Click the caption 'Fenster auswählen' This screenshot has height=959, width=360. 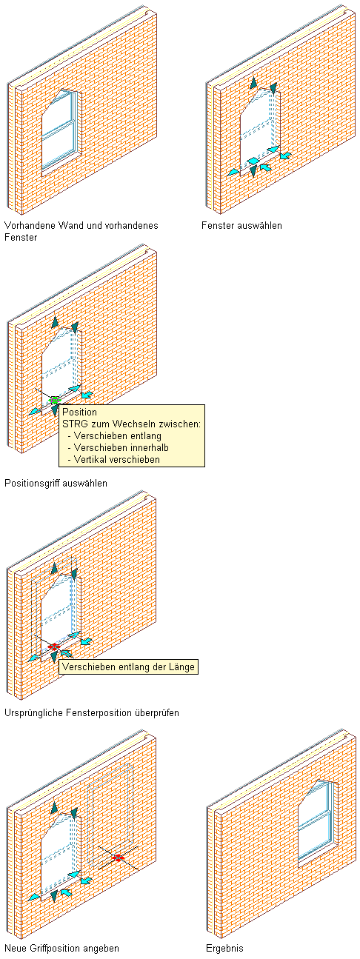click(x=241, y=225)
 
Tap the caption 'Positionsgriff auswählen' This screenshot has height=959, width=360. click(x=56, y=483)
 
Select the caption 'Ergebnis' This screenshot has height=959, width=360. click(x=224, y=948)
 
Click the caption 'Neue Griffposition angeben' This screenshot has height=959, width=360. click(x=61, y=948)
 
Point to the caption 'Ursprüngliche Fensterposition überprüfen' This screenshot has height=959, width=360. click(x=92, y=713)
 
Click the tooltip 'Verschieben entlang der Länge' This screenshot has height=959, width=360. click(x=128, y=666)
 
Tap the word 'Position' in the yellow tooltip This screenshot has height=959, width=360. click(x=79, y=412)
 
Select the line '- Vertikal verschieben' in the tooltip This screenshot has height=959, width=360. click(x=114, y=459)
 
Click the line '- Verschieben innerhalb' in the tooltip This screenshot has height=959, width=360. click(x=118, y=447)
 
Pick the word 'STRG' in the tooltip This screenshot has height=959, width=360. click(x=73, y=424)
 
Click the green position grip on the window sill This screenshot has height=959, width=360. click(x=54, y=401)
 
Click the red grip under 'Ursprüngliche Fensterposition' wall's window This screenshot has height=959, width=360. click(x=54, y=646)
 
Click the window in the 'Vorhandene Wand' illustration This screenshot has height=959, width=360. click(x=61, y=130)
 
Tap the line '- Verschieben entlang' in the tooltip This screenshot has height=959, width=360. click(x=114, y=436)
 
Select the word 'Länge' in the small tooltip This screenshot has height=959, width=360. click(x=182, y=666)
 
